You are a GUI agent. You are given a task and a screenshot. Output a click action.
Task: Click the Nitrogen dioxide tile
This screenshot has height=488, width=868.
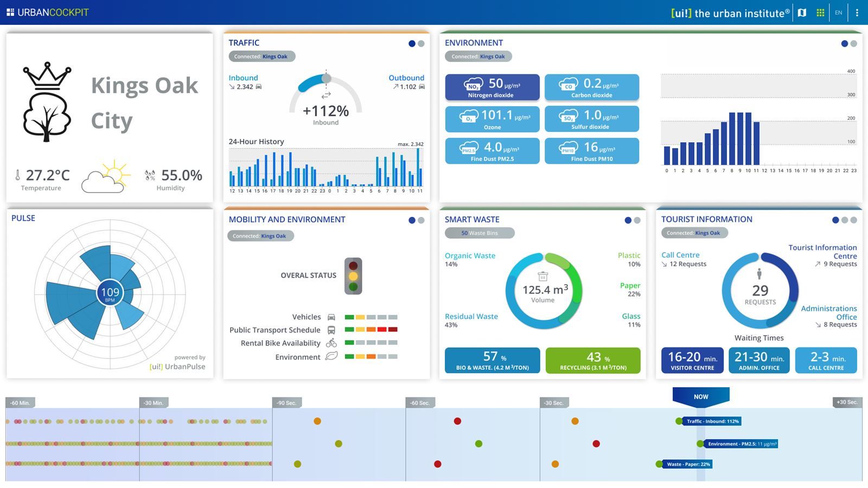(x=492, y=87)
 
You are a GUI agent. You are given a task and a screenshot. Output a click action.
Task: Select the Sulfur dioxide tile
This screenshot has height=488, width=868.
(x=591, y=119)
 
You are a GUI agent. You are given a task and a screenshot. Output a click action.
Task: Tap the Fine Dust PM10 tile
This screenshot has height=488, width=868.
(x=591, y=151)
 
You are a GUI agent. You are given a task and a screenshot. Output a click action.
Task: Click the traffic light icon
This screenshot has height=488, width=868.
(x=353, y=276)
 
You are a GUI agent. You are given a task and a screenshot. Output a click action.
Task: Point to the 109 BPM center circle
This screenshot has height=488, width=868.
(x=110, y=293)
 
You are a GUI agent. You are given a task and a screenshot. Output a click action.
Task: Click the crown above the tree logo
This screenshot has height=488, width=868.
(x=47, y=75)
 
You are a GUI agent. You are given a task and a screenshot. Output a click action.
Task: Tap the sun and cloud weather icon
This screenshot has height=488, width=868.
(x=107, y=176)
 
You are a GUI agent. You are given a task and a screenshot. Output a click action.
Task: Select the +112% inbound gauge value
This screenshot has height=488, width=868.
(x=325, y=111)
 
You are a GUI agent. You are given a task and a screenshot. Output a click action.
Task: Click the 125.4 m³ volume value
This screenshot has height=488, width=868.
(x=545, y=290)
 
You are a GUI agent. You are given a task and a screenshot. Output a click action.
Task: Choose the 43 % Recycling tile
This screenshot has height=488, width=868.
(x=593, y=361)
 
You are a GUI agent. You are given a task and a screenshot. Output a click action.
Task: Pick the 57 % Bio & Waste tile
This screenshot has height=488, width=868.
(x=492, y=361)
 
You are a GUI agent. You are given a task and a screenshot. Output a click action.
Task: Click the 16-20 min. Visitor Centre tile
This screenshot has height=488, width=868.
(x=692, y=361)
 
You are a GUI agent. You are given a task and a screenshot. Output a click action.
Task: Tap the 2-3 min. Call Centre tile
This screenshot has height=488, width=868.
(x=826, y=361)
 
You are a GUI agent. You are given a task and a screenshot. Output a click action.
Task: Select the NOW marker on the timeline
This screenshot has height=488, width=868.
(x=701, y=397)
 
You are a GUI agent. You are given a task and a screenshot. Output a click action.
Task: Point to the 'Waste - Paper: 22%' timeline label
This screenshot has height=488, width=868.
(x=688, y=464)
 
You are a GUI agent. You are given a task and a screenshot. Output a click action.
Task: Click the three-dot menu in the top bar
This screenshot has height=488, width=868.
(x=857, y=12)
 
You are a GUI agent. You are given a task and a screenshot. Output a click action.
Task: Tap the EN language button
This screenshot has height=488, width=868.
(x=839, y=12)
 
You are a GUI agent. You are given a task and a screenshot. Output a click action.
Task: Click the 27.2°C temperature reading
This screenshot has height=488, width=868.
(x=48, y=175)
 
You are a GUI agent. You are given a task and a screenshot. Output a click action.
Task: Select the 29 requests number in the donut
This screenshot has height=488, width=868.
(x=760, y=291)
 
